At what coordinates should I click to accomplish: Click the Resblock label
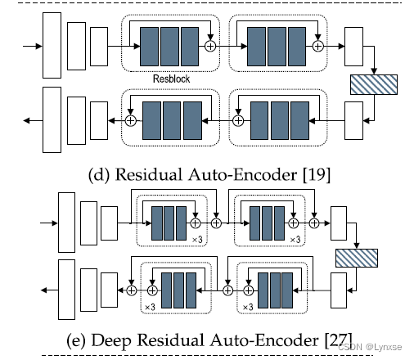(x=172, y=79)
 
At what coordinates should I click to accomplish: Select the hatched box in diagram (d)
(x=373, y=83)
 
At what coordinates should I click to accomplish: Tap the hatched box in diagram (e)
(x=358, y=258)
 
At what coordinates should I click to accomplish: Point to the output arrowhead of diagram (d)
(x=28, y=120)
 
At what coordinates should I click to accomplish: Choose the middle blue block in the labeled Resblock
(x=171, y=47)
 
